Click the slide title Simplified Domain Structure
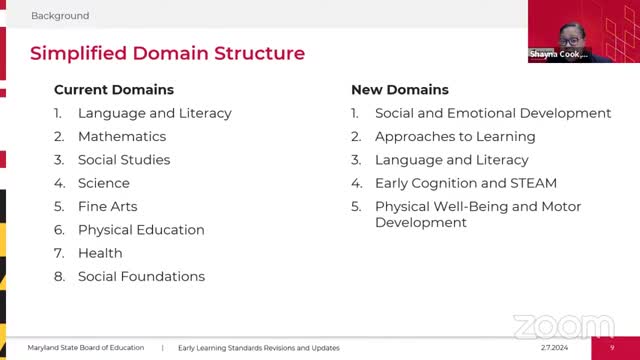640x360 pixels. click(x=167, y=53)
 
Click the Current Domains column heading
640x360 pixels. click(x=114, y=90)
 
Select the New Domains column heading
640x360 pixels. click(x=400, y=90)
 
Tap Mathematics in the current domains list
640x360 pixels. click(x=122, y=137)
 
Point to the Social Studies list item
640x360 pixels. click(x=124, y=160)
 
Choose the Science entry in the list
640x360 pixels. click(x=104, y=183)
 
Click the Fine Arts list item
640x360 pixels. click(x=108, y=207)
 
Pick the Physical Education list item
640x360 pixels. click(x=141, y=230)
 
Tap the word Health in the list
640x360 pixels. click(x=100, y=253)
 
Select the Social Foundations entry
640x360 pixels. click(x=141, y=276)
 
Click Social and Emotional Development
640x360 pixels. click(x=493, y=114)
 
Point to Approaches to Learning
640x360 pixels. click(x=455, y=137)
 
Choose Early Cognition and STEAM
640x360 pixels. click(x=466, y=183)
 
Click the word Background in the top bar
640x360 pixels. click(x=60, y=16)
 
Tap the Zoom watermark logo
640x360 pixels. click(x=563, y=328)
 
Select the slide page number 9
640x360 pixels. click(x=611, y=348)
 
